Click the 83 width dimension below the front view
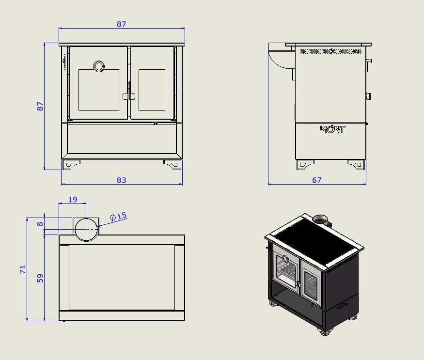click(x=122, y=180)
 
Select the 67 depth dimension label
click(x=316, y=180)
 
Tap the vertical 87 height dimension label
click(x=40, y=106)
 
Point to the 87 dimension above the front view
click(x=122, y=24)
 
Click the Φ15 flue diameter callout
click(x=118, y=217)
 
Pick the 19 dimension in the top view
click(x=73, y=200)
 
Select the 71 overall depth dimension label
click(x=23, y=269)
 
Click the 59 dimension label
click(x=40, y=278)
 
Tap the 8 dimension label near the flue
click(x=40, y=224)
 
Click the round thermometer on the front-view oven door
click(x=99, y=66)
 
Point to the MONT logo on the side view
click(x=332, y=129)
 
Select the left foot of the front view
click(x=71, y=164)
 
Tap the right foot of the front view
click(x=173, y=164)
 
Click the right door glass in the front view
click(x=152, y=90)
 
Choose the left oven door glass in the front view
click(x=99, y=90)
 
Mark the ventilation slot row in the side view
click(x=330, y=51)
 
